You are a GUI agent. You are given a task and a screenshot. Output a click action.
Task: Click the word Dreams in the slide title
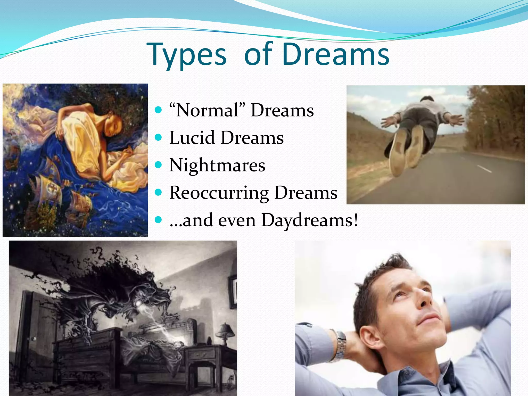click(335, 54)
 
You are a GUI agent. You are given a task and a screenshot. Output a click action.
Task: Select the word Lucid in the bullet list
click(192, 137)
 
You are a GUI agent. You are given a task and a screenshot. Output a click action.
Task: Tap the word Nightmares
click(217, 165)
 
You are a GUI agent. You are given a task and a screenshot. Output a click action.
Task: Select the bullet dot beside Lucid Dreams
click(158, 137)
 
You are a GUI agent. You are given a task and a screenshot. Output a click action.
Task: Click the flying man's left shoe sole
click(397, 152)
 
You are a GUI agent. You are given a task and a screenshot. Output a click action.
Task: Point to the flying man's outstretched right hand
click(456, 119)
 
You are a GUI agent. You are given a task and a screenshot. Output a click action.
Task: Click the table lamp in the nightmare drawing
click(224, 333)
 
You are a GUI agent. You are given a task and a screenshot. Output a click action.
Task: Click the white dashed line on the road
click(485, 169)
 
